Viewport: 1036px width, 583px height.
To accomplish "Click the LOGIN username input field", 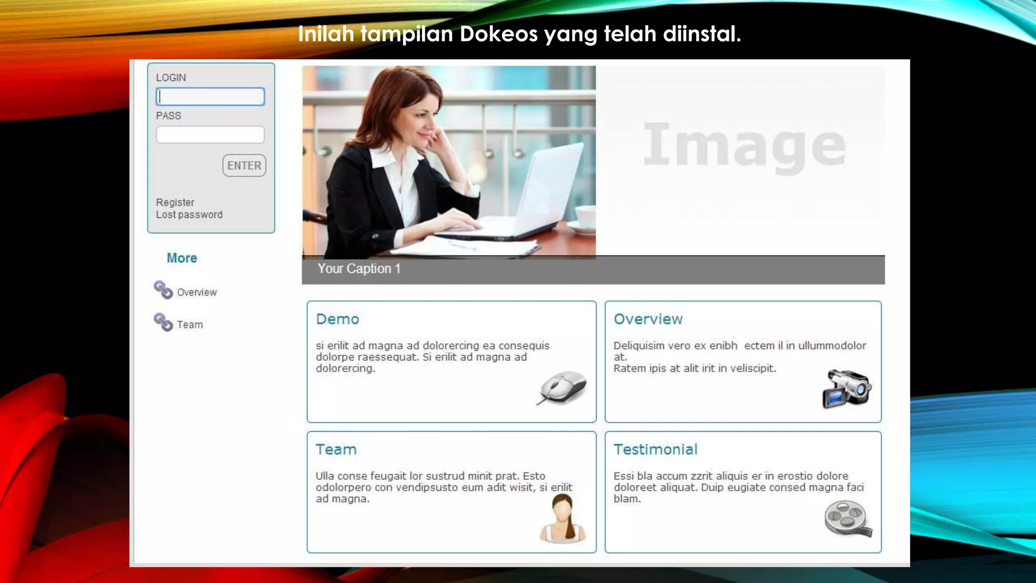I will [x=210, y=97].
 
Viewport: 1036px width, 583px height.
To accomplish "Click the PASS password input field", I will [x=210, y=135].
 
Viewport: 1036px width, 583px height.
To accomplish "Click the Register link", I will [x=175, y=202].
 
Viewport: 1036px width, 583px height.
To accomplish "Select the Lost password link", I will [x=189, y=215].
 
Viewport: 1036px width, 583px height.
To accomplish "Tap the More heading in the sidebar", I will [x=182, y=258].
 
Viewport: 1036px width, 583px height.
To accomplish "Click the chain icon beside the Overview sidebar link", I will [x=163, y=290].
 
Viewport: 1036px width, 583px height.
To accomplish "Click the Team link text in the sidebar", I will [x=190, y=325].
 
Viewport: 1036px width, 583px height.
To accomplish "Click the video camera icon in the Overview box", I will [x=846, y=389].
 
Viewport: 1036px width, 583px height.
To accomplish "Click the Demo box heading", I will [x=337, y=319].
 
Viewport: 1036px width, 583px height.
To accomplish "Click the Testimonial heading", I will [x=656, y=449].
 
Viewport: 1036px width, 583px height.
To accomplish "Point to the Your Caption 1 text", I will [x=359, y=269].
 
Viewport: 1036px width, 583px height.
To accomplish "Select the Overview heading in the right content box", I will [x=648, y=319].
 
